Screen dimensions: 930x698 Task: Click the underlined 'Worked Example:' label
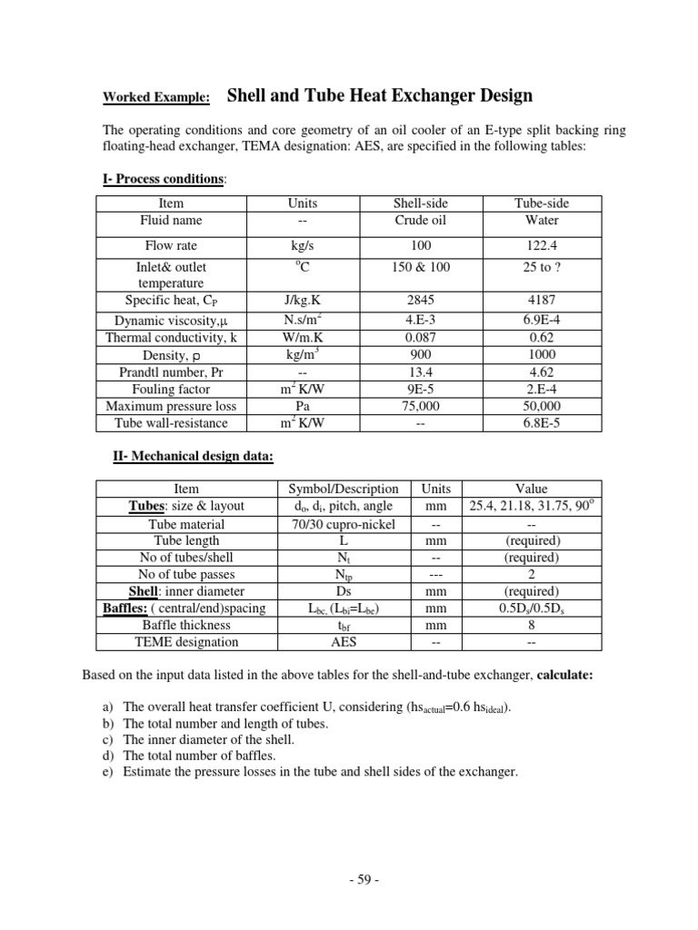coord(155,98)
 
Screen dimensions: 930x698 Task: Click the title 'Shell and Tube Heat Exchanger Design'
coord(378,95)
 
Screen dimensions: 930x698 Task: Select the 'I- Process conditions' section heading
coord(163,179)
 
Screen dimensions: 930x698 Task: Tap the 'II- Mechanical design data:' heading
coord(193,456)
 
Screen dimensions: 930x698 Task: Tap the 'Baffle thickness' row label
coord(185,625)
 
